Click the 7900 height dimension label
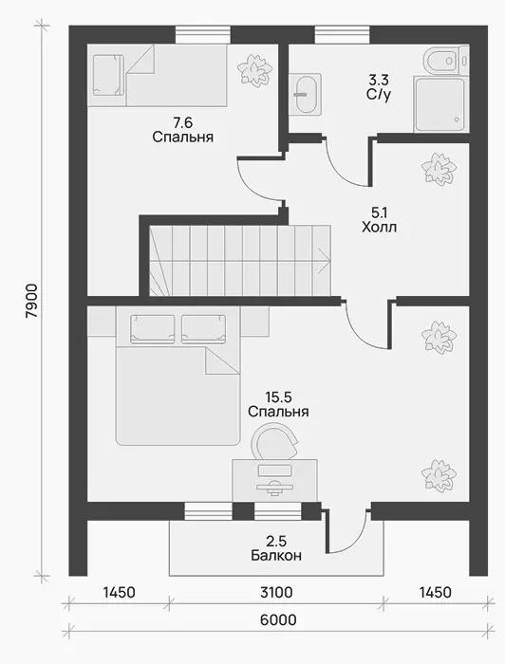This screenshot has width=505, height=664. pos(32,301)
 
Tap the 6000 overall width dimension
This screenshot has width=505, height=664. pos(278,620)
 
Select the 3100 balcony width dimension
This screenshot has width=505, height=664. pos(276,593)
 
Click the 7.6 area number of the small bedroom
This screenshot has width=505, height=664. pos(182,122)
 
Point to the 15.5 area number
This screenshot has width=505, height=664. pos(278,397)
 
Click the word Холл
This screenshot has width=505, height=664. pos(379,228)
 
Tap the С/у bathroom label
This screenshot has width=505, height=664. pos(379,95)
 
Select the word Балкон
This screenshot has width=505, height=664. pos(276,555)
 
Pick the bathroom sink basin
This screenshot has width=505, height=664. pos(305,94)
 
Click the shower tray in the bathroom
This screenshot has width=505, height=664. pos(441,103)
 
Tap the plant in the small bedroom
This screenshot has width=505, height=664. pos(254,69)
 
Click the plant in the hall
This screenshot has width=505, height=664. pos(439,169)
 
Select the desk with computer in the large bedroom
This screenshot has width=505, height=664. pos(274,481)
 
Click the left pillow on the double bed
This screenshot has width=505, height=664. pos(153,328)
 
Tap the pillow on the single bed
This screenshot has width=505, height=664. pos(108,75)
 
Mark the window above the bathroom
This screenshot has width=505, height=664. pos(343,34)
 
